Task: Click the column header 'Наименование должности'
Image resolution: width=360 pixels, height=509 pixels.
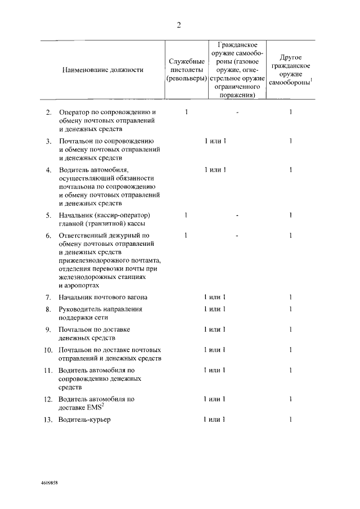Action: point(102,70)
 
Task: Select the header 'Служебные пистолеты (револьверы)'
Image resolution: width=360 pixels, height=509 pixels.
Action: point(186,70)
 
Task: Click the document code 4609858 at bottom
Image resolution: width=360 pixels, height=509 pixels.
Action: point(49,483)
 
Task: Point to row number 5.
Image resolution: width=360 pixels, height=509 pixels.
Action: point(49,215)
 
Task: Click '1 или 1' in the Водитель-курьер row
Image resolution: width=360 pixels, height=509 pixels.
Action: point(215,420)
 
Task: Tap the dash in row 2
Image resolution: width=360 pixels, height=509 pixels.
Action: point(238,112)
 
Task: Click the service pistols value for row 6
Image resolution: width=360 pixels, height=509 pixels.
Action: point(186,235)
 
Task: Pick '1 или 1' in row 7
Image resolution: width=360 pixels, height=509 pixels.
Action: point(215,297)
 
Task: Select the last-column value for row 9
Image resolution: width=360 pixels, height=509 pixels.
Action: point(291,330)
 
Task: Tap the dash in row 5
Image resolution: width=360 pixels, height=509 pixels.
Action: point(238,215)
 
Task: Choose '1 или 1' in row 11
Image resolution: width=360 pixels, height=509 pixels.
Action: point(215,371)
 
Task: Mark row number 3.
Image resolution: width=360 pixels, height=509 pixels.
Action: point(49,141)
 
